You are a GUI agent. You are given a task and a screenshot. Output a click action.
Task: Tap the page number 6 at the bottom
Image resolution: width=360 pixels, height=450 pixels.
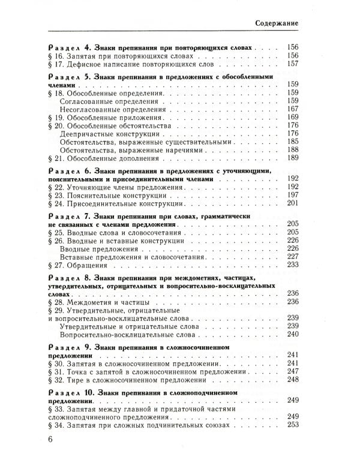coord(50,439)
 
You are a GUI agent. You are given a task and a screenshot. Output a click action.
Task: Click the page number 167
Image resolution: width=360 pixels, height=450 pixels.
coord(293,109)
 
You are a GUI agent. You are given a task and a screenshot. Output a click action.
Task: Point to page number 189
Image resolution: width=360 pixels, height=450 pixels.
coord(293,159)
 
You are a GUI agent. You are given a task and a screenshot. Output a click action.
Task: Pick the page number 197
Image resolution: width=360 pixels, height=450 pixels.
coord(293,196)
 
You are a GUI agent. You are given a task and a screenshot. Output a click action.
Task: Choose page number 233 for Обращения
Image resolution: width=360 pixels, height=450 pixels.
coord(293,265)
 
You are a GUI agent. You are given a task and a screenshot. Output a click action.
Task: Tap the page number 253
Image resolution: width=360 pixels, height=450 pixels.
coord(293,425)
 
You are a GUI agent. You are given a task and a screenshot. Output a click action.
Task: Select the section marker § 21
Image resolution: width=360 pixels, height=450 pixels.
coord(55,159)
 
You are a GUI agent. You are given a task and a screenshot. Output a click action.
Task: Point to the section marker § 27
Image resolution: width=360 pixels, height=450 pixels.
coord(55,265)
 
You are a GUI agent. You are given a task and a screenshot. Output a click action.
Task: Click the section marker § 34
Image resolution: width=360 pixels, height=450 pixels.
coord(55,425)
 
